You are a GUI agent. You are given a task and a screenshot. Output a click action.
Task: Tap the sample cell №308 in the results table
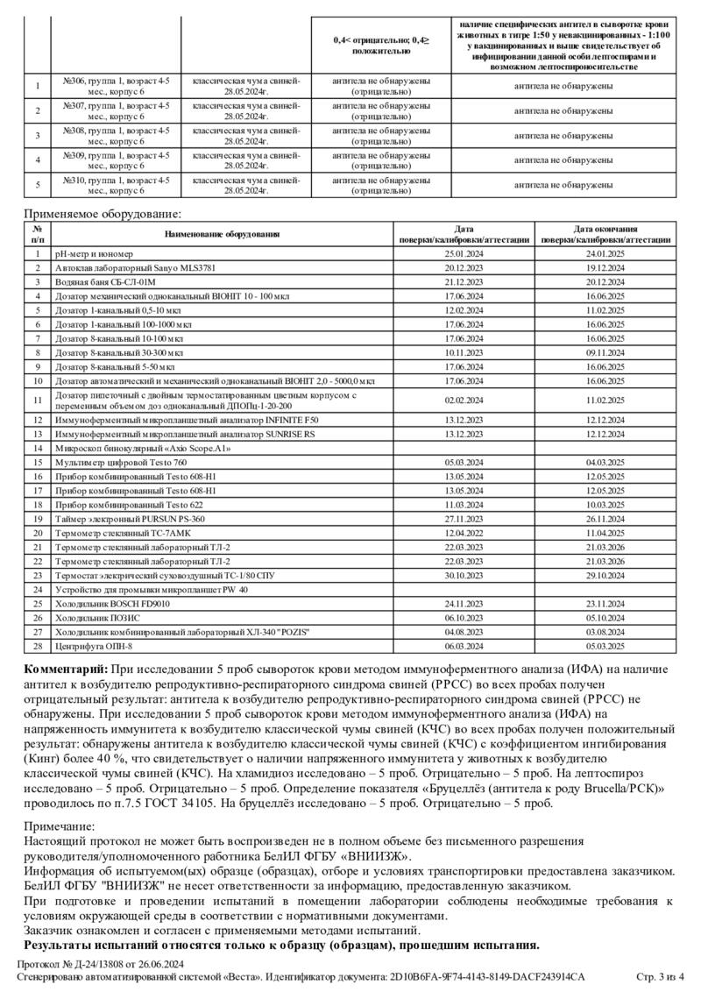(116, 135)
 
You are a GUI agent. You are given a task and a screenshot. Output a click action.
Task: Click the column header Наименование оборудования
(222, 234)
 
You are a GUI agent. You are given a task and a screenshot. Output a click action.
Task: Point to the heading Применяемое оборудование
(103, 213)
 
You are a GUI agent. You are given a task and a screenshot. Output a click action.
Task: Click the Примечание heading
(59, 825)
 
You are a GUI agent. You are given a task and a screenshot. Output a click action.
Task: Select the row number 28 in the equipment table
(38, 646)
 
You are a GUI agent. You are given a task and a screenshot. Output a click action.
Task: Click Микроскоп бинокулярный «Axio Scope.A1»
(142, 448)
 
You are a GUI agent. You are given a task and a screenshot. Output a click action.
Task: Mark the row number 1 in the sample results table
(38, 86)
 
